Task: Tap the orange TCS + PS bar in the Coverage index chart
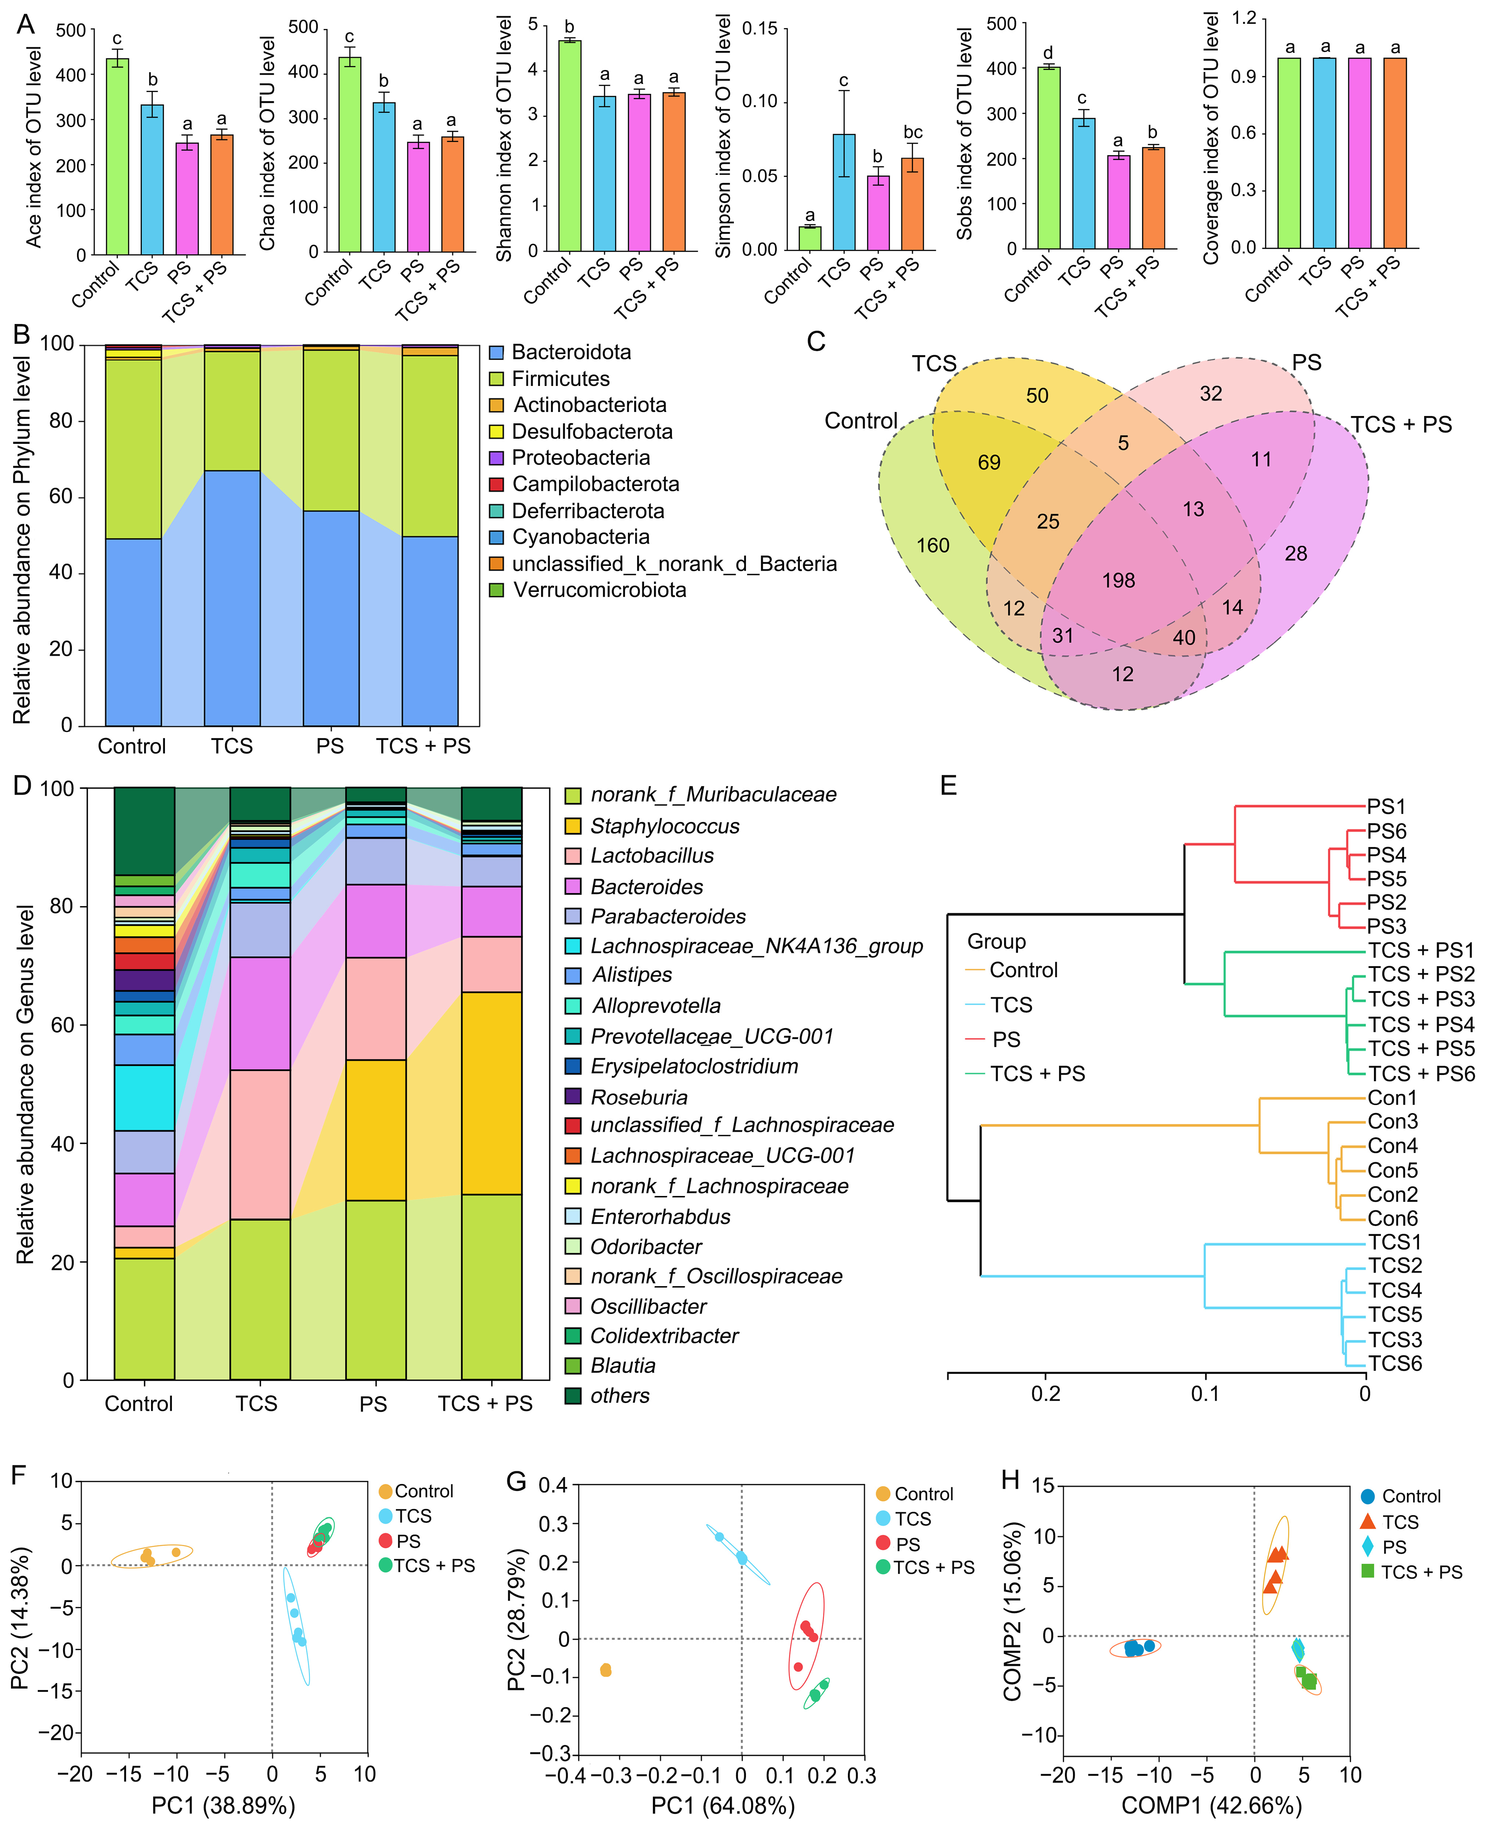(x=1395, y=154)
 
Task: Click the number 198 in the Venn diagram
(x=1118, y=581)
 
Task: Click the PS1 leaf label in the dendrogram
(x=1387, y=806)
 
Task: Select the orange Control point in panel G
(x=606, y=1669)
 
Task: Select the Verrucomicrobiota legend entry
(x=599, y=590)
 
